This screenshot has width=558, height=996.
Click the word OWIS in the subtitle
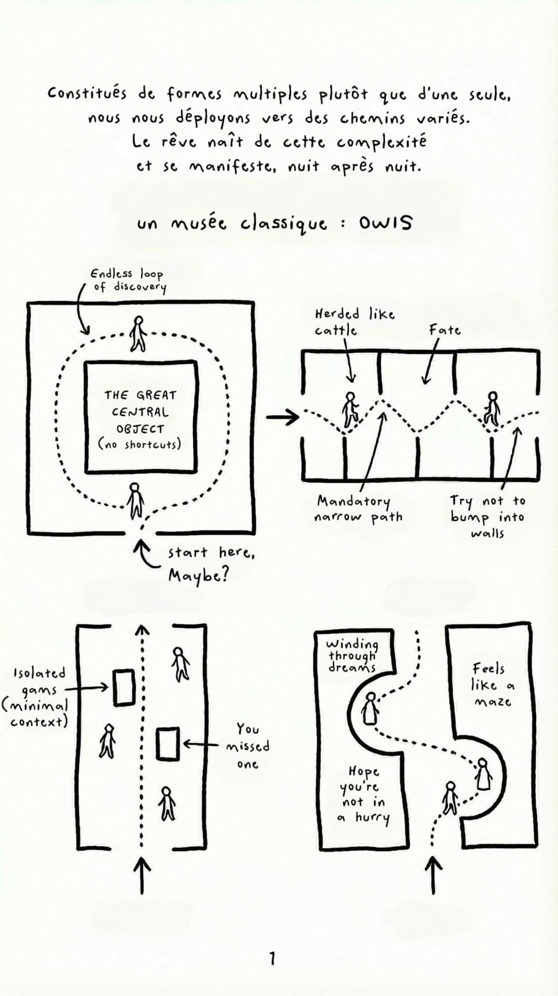tap(385, 223)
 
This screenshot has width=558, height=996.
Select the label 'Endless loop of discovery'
tap(128, 280)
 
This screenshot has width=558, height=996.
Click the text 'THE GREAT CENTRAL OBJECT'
tap(140, 412)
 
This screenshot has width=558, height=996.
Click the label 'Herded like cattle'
tap(354, 322)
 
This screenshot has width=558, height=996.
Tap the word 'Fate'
tap(444, 330)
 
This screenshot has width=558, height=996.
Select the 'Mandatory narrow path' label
tap(358, 508)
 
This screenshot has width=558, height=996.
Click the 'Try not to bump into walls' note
tap(487, 516)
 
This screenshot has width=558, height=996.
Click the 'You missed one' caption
tap(248, 746)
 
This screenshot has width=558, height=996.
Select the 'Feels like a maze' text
tap(492, 685)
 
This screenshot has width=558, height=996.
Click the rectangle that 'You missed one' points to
tap(168, 744)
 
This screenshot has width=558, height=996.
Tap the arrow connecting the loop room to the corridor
tap(283, 417)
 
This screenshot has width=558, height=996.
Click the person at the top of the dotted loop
tap(138, 333)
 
